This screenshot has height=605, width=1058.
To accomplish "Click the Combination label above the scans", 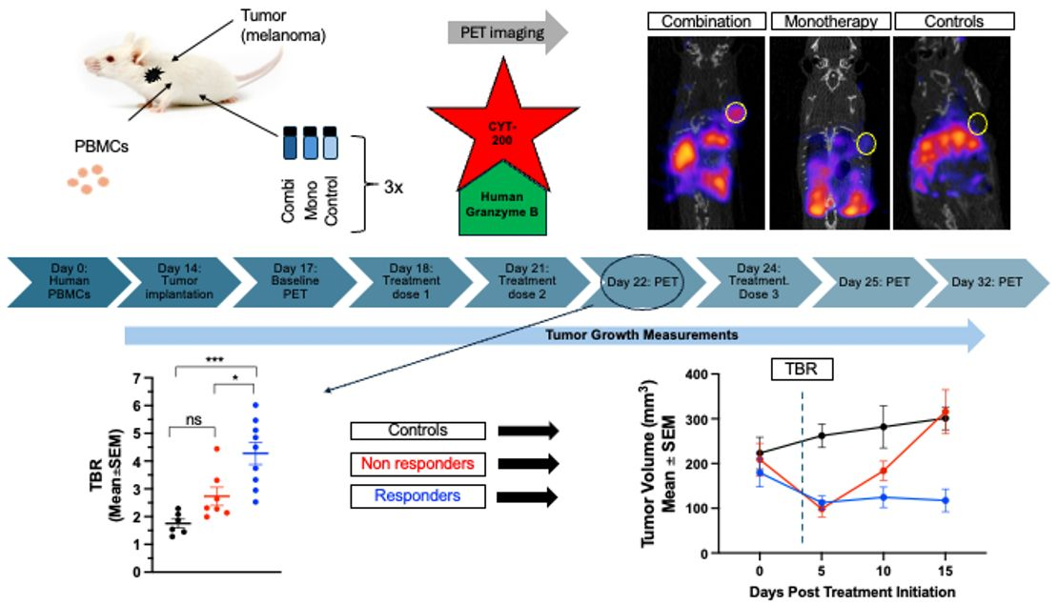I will (x=706, y=20).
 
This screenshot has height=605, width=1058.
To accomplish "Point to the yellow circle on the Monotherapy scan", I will (x=865, y=143).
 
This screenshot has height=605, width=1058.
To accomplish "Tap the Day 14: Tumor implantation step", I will (x=177, y=282).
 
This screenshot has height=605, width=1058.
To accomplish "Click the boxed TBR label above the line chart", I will (x=802, y=369).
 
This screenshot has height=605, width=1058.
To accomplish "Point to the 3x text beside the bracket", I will (x=393, y=188).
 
